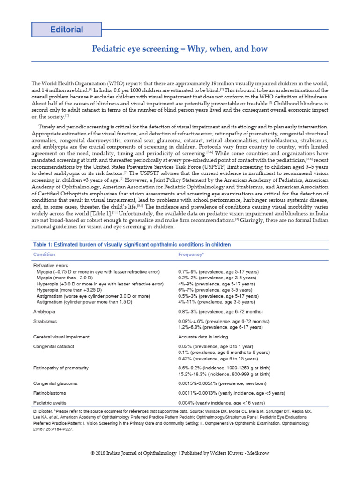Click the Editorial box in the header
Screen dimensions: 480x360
click(x=66, y=30)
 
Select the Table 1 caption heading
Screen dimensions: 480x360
click(x=132, y=245)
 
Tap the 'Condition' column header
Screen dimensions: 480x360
click(x=44, y=255)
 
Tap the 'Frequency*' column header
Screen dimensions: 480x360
click(x=191, y=255)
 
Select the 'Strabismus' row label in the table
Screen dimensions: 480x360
click(x=45, y=321)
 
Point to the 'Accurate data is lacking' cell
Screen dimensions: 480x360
click(x=203, y=337)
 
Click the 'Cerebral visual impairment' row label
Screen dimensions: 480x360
click(x=61, y=337)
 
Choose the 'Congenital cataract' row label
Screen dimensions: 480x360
click(x=53, y=346)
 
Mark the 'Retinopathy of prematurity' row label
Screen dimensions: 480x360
click(x=61, y=368)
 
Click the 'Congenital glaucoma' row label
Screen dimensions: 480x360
click(x=55, y=383)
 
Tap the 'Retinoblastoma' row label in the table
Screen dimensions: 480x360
click(x=49, y=393)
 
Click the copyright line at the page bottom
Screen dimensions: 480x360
click(x=180, y=453)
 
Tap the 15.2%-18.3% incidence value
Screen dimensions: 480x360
click(x=224, y=374)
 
